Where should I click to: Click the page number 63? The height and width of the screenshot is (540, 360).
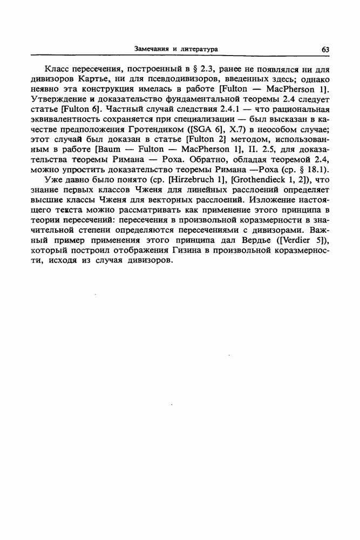pyautogui.click(x=325, y=49)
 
